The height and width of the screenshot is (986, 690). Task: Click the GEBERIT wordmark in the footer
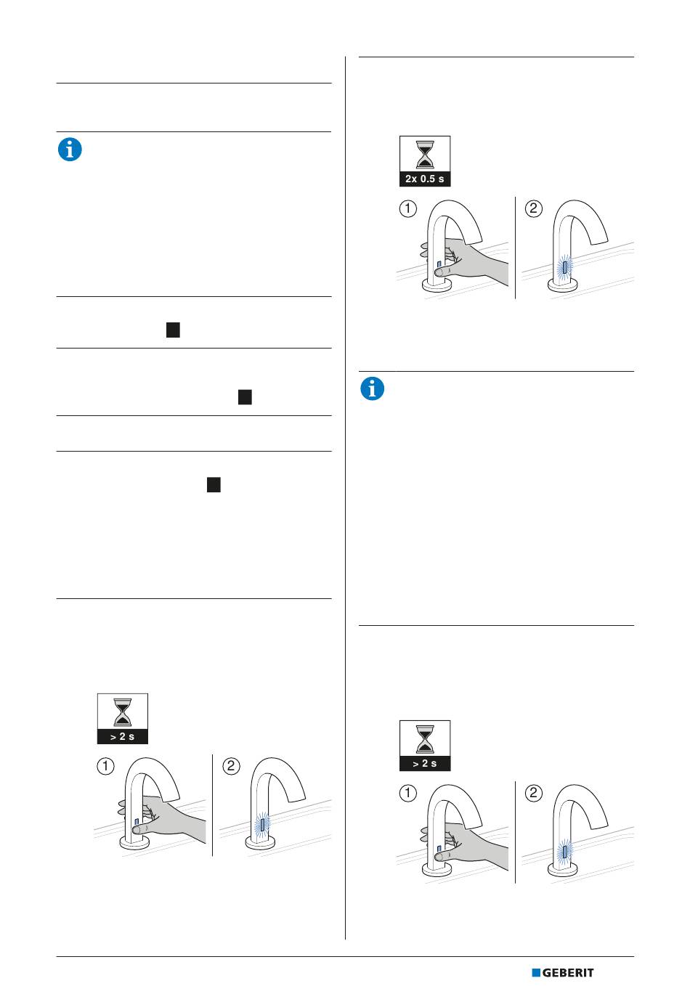(567, 972)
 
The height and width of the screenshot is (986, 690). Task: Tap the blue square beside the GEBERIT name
(536, 972)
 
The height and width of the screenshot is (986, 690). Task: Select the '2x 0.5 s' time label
(424, 179)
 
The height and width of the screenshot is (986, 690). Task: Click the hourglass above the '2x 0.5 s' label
(425, 154)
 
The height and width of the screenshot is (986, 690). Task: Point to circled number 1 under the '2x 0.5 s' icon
(407, 208)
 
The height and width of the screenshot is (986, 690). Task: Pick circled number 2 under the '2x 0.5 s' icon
(534, 208)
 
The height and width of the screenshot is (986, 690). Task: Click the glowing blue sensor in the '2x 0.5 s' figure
(565, 269)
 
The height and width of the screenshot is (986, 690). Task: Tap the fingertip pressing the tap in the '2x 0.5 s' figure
(439, 272)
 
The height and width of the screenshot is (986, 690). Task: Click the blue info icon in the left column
(70, 150)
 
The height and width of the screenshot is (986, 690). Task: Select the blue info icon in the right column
(372, 388)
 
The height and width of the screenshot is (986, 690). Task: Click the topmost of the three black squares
(173, 330)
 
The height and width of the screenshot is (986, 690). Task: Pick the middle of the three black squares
(245, 397)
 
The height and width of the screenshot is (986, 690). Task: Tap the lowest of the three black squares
(214, 484)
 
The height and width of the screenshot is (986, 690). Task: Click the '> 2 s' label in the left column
(123, 736)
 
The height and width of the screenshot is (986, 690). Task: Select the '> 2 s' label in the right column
(424, 763)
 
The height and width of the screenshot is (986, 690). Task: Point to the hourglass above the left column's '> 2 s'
(123, 712)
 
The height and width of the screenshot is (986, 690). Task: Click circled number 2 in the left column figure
(231, 766)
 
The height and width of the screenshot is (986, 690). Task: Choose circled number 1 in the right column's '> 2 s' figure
(407, 793)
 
